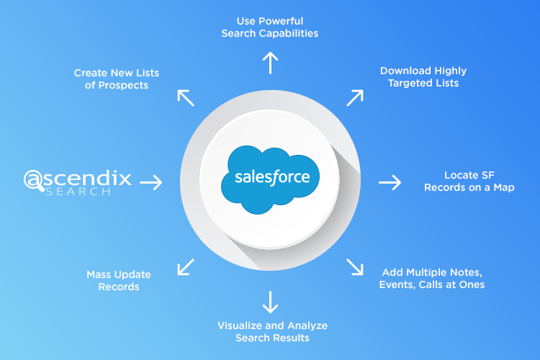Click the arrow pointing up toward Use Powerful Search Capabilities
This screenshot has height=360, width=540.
pos(270,63)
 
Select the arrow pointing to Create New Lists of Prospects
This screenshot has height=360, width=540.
pos(185,98)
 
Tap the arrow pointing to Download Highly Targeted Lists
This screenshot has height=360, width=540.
pos(355,98)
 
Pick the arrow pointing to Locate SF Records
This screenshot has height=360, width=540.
pos(390,183)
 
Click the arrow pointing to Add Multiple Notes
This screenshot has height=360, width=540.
pos(355,267)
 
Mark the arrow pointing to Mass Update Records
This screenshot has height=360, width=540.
pos(185,267)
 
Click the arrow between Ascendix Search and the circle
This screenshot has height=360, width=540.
pos(150,183)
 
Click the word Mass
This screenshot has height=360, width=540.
pos(99,274)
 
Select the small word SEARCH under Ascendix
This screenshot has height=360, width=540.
pos(78,193)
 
